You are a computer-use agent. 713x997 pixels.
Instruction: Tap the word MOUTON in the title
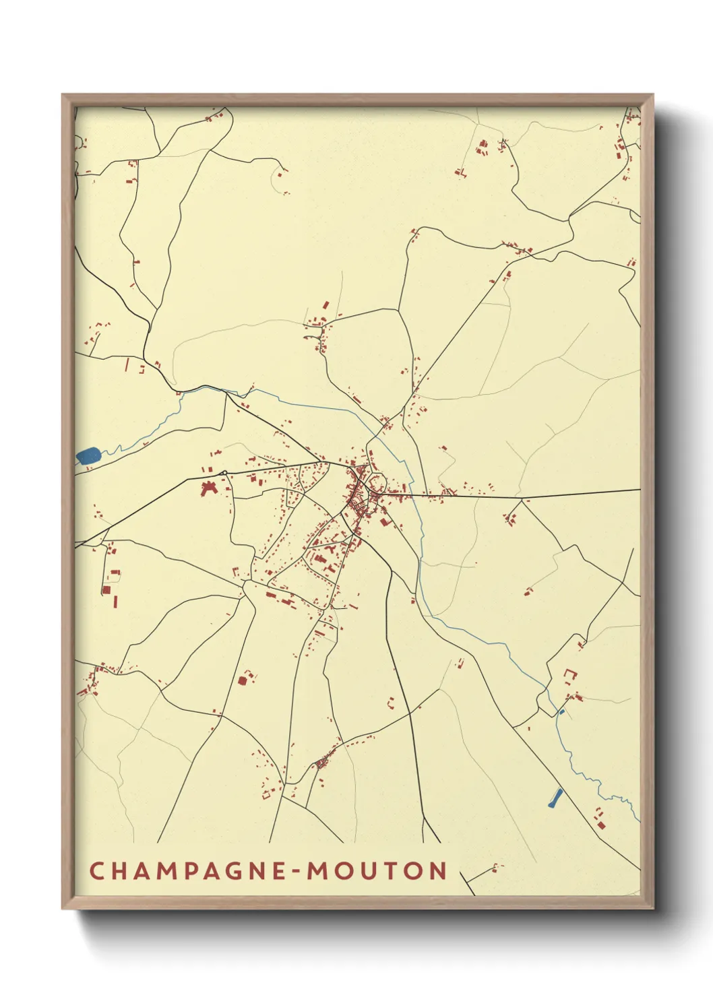[x=377, y=870]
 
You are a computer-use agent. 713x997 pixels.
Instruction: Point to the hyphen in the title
[x=296, y=872]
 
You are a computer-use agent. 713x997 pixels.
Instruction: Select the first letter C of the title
[x=97, y=870]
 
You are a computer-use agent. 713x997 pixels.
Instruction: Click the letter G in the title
[x=236, y=870]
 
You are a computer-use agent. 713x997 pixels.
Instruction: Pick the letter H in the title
[x=119, y=870]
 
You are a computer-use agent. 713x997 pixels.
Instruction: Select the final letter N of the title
[x=438, y=870]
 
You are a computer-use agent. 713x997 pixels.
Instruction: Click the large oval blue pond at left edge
[x=88, y=456]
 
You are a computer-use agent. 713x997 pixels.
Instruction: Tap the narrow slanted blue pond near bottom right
[x=555, y=798]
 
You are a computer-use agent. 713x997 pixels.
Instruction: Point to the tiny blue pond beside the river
[x=561, y=711]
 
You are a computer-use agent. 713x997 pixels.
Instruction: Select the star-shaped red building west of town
[x=208, y=488]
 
